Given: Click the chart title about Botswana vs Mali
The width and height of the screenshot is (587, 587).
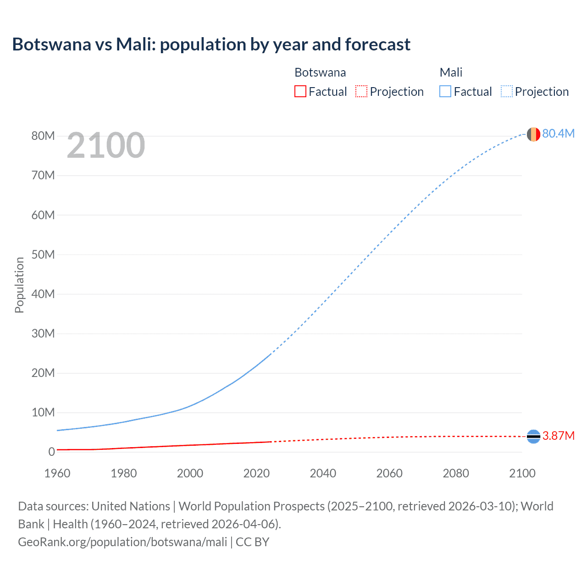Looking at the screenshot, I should click(211, 44).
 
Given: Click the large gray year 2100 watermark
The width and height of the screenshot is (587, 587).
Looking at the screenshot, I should click(106, 145).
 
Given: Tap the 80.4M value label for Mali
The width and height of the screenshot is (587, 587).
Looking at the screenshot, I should click(558, 133).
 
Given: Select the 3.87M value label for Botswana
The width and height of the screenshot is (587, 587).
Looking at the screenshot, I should click(558, 436).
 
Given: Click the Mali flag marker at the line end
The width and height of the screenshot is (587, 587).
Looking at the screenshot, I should click(533, 134).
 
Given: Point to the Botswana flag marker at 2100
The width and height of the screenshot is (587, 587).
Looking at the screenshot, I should click(533, 436).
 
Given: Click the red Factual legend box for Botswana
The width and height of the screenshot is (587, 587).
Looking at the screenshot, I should click(300, 91).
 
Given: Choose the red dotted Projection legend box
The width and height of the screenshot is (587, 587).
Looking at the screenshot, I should click(361, 91).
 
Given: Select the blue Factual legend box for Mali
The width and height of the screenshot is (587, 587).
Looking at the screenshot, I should click(445, 91).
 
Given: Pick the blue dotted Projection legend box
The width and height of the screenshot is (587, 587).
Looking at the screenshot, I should click(506, 91).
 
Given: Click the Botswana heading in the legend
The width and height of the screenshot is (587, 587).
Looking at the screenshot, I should click(320, 72).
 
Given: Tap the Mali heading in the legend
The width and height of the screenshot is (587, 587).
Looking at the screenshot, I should click(451, 72).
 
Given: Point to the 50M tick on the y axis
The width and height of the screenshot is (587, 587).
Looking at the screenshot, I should click(43, 255).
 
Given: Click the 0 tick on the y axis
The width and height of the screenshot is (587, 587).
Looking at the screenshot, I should click(51, 452).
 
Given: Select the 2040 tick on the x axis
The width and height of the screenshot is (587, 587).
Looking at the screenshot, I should click(323, 473).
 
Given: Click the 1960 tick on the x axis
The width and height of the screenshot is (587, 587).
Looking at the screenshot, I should click(57, 473).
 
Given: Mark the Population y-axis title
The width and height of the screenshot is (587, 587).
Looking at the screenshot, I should click(19, 285).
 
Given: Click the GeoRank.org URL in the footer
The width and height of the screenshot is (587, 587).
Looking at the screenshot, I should click(122, 542).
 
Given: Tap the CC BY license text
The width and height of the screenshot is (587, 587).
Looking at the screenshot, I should click(252, 542).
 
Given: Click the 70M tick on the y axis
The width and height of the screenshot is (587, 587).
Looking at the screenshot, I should click(43, 176).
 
